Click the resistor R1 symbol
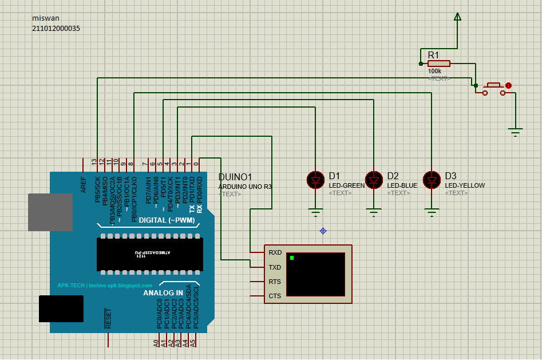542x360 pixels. (439, 64)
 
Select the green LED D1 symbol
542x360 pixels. (315, 180)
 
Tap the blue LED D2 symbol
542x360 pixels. (374, 180)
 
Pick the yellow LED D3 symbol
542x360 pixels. (432, 180)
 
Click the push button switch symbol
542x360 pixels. (493, 87)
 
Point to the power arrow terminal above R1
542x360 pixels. (457, 17)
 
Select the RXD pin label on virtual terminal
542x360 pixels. (275, 252)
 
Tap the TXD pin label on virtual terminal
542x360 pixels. (275, 267)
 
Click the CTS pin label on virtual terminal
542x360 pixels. (275, 296)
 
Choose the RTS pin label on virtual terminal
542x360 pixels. (275, 282)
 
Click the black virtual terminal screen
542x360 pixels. (316, 274)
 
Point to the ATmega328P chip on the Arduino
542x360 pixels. (150, 254)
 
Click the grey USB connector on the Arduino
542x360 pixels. (50, 212)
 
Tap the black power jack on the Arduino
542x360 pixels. (61, 308)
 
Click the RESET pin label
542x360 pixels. (108, 318)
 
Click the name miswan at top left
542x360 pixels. (46, 18)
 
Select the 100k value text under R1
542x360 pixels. (434, 72)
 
